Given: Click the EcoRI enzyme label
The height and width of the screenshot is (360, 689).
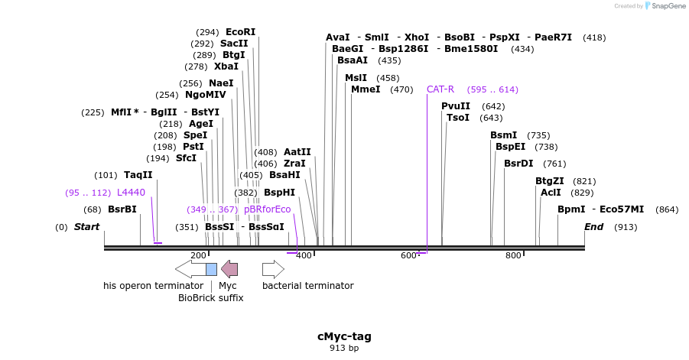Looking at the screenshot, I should coord(240,32).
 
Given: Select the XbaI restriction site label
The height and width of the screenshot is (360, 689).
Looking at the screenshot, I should coord(226,66).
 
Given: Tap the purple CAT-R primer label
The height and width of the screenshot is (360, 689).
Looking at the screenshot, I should coord(440,89).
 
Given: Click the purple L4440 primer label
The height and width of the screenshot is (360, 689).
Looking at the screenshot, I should coord(131,193).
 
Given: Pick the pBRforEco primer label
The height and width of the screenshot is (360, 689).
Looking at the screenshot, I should coord(267,209).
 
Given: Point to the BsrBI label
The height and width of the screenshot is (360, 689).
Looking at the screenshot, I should coord(122,209).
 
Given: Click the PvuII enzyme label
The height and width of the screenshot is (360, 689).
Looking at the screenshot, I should coord(456,106).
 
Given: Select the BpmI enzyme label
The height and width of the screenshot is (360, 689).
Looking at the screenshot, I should coord(571,209).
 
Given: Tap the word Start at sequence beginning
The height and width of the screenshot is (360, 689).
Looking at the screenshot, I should coord(86,227).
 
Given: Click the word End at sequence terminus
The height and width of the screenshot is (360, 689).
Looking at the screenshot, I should coord(594,227).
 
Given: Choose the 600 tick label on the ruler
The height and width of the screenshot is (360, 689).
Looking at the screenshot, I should coord(408,255).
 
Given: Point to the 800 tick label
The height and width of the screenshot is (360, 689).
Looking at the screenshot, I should coord(513,255).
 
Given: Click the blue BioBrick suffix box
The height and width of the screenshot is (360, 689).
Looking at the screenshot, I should coord(211,269).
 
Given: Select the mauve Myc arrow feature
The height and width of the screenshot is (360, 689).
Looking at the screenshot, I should coord(229,269).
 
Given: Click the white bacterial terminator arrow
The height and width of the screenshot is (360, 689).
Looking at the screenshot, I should coord(273,269).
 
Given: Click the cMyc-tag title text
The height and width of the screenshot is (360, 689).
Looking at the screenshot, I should coord(344,336).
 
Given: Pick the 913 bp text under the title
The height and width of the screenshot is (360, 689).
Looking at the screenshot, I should coord(344,349).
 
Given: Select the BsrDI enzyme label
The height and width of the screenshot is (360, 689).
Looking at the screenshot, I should coord(518,164).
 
